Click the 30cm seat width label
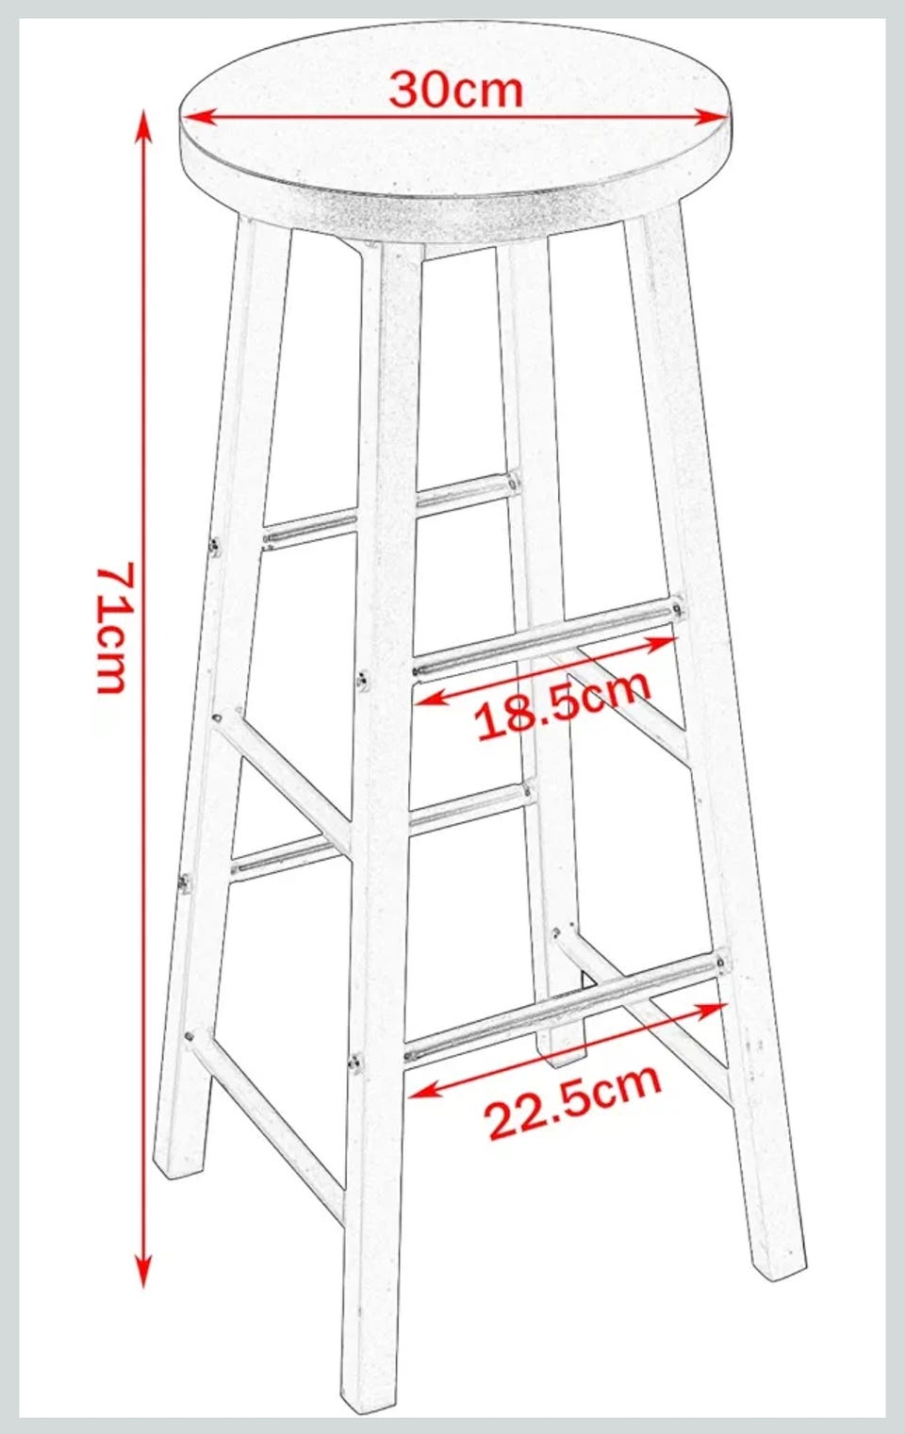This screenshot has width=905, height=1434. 456,91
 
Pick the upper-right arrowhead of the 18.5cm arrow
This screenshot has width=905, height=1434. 661,642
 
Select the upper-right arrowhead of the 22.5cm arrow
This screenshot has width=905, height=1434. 712,1010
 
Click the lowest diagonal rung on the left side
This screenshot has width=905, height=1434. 269,1125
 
